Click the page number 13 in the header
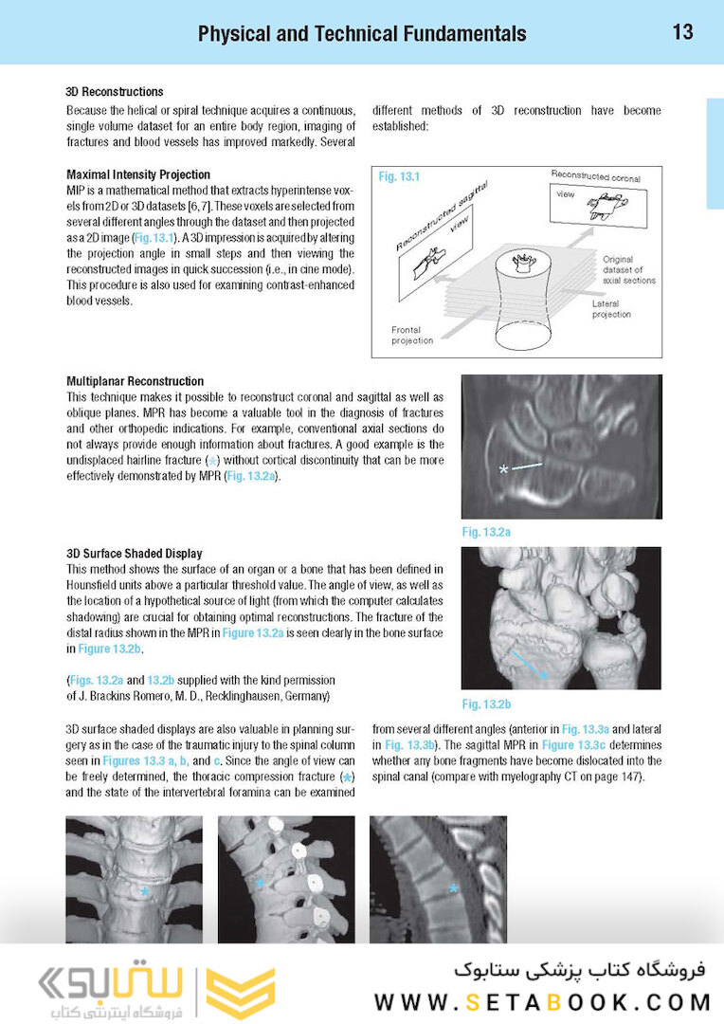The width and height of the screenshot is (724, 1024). (682, 32)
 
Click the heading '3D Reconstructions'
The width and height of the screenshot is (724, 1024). (115, 92)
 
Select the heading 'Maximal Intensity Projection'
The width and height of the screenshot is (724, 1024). (138, 174)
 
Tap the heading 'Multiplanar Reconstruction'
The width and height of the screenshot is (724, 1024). (135, 380)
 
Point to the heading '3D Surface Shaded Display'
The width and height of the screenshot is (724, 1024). (134, 553)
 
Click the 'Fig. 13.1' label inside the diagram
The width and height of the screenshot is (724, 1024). (399, 177)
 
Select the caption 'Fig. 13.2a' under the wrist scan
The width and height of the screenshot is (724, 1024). (486, 532)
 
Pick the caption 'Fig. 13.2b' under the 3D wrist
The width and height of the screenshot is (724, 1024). (486, 704)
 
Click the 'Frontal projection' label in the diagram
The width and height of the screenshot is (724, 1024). (412, 335)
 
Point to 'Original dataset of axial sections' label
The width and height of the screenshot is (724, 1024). (628, 269)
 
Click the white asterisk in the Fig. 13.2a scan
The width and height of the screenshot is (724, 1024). (504, 469)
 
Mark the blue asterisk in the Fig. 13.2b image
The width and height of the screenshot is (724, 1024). (544, 673)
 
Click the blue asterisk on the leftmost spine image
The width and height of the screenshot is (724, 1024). (144, 891)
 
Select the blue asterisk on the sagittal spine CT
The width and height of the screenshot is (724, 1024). (454, 888)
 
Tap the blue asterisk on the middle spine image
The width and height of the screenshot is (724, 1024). (260, 883)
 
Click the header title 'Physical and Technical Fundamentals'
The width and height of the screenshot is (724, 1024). (362, 34)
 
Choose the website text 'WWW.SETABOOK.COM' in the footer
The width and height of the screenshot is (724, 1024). (542, 1001)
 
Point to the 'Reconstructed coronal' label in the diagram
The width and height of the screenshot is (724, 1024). (595, 177)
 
